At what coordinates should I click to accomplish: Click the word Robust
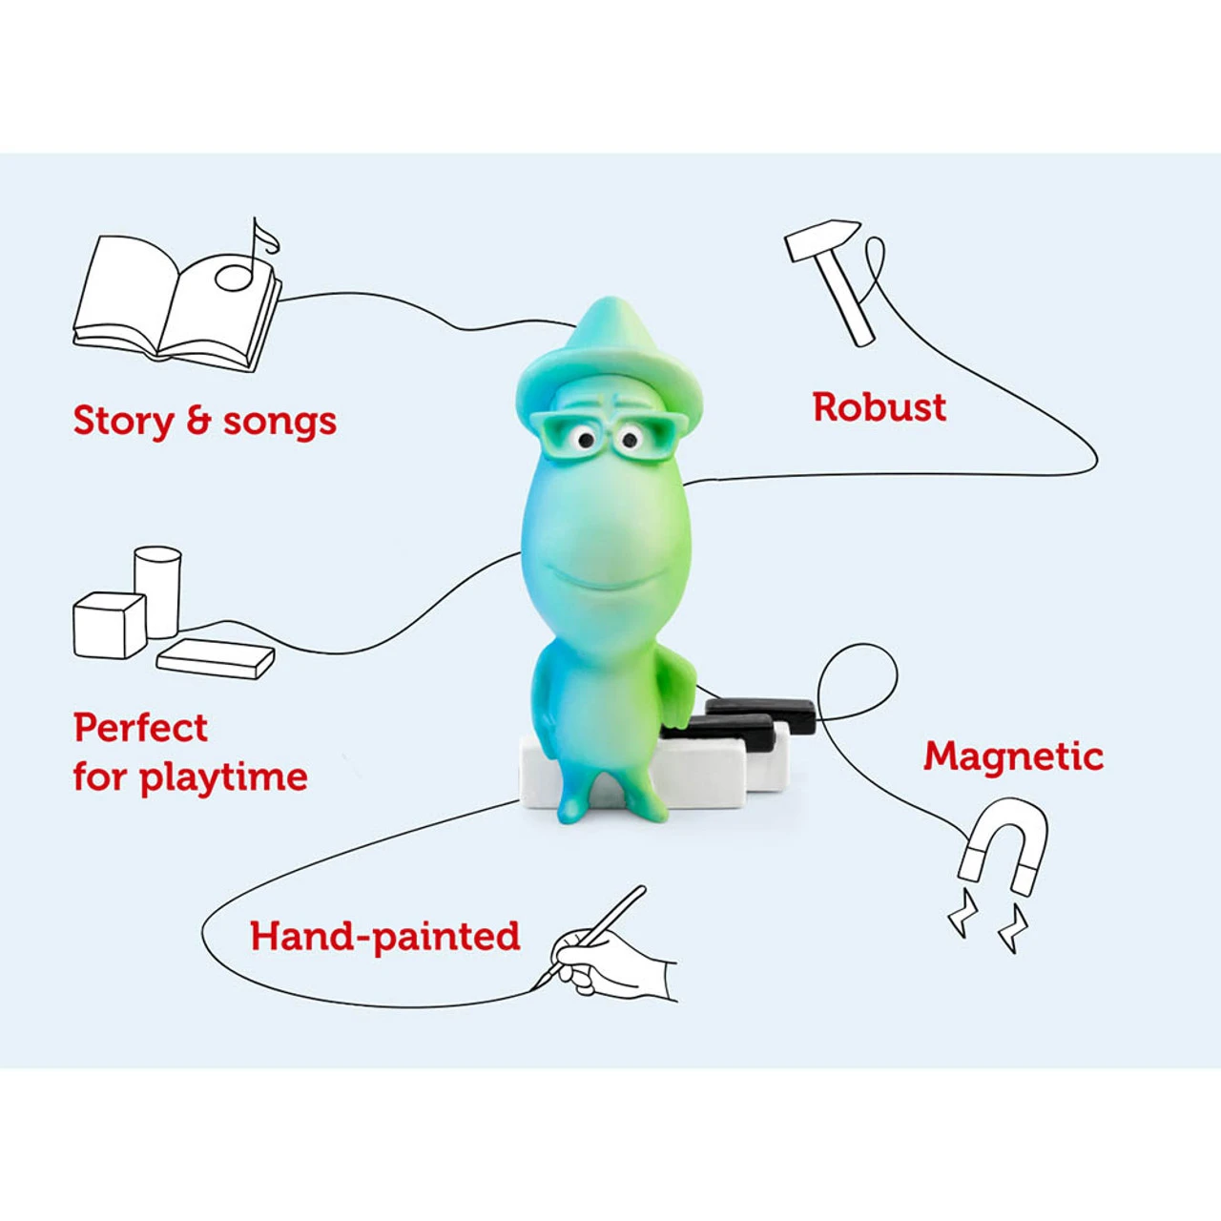[x=879, y=407]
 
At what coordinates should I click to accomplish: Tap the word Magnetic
[x=1013, y=756]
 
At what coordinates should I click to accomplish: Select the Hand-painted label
[x=384, y=937]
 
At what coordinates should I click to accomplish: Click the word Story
[x=124, y=422]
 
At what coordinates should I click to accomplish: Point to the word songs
[x=279, y=422]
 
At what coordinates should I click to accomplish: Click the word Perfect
[x=140, y=728]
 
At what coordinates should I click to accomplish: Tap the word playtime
[x=224, y=778]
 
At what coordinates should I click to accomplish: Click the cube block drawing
[x=109, y=625]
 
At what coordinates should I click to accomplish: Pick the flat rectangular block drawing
[x=216, y=658]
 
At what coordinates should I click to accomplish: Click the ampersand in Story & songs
[x=198, y=421]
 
